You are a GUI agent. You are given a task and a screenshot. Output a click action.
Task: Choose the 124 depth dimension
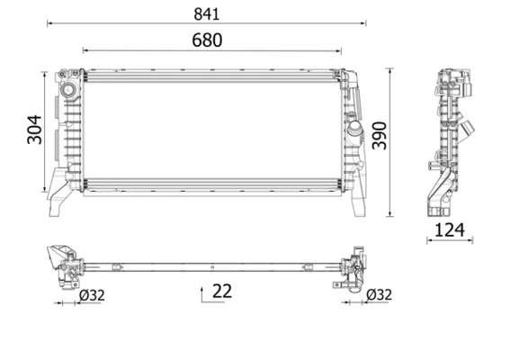[449, 230]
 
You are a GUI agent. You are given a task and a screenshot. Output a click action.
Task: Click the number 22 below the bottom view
[222, 291]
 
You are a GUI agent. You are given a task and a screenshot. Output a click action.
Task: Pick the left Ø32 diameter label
[91, 294]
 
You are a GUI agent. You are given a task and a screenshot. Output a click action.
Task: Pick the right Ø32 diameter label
[378, 294]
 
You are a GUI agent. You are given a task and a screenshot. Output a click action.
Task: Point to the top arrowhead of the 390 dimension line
[389, 69]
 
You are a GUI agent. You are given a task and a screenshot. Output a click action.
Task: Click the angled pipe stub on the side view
[469, 126]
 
